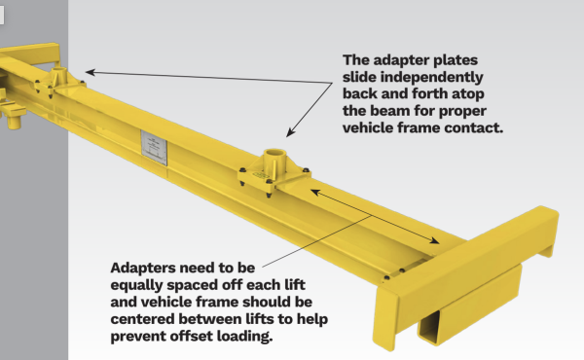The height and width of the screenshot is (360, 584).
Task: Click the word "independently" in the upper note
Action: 431,78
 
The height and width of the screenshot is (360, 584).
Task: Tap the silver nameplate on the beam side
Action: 154,148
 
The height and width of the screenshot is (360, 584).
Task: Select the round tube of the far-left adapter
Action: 58,76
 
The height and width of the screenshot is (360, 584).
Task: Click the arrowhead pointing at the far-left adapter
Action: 91,72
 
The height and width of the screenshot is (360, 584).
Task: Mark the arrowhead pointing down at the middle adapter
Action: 290,132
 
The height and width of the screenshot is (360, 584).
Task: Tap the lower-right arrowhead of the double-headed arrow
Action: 434,240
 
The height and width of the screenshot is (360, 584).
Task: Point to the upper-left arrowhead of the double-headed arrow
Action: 315,192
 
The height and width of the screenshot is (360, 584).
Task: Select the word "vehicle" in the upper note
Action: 368,127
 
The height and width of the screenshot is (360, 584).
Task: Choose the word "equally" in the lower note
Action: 136,285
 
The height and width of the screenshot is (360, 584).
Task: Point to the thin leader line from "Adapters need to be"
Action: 316,241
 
